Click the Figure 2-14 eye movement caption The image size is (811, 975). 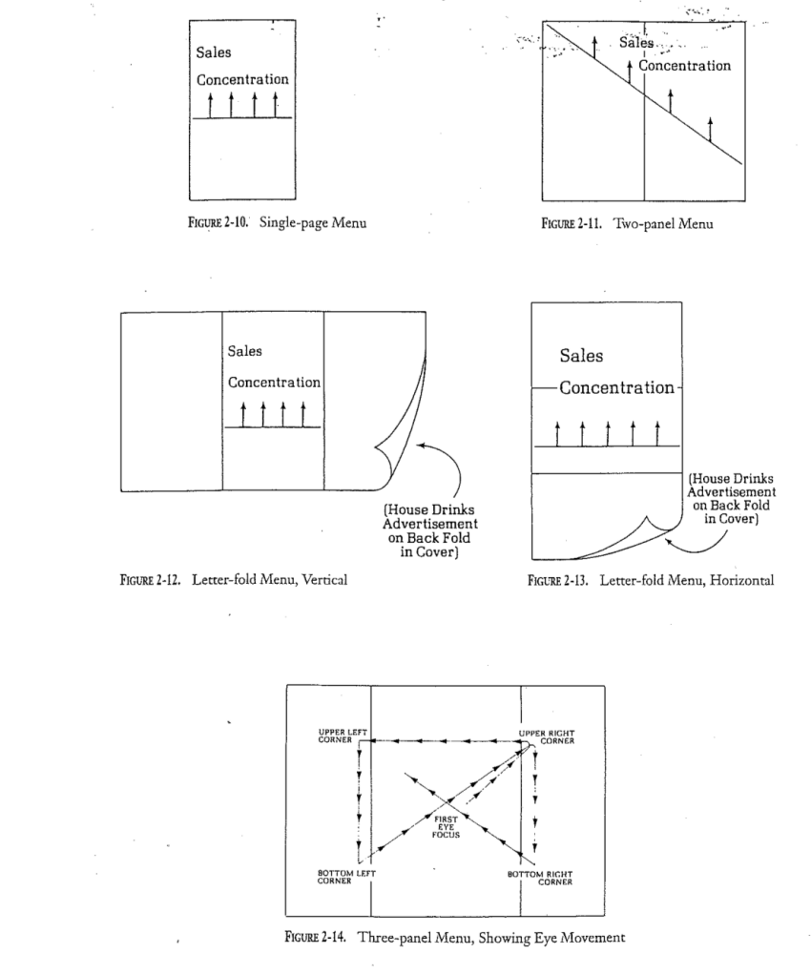pos(453,937)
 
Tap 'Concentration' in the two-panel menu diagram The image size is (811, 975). pos(684,66)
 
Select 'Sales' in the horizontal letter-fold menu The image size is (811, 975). pos(581,356)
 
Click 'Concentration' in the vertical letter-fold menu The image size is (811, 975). pos(274,382)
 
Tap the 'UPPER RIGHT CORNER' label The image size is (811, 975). pos(544,736)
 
